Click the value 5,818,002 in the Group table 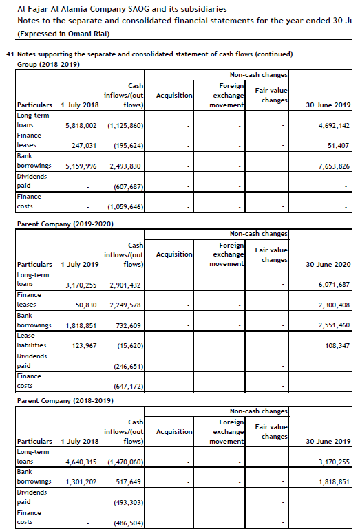[81, 126]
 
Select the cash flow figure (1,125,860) [125, 126]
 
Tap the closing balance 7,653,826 [330, 166]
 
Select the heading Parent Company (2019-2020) [65, 224]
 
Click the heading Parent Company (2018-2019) [65, 400]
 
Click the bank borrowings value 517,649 [129, 482]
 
